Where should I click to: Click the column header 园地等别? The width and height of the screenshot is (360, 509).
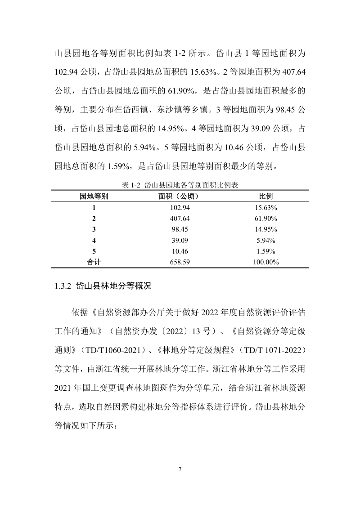[x=94, y=196]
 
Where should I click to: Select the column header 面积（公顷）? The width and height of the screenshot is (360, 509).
[x=179, y=196]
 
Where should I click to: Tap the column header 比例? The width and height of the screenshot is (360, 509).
[x=266, y=196]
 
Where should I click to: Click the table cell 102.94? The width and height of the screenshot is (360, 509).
[x=179, y=208]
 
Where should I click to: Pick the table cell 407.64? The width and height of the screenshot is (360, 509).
[x=179, y=219]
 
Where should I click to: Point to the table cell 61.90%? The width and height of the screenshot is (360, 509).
[x=266, y=219]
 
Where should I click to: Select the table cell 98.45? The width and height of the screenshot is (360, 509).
[x=179, y=229]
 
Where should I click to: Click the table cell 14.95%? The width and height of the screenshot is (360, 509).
[x=266, y=229]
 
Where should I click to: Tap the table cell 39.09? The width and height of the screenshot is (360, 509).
[x=179, y=240]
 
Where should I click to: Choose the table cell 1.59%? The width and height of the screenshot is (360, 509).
[x=266, y=251]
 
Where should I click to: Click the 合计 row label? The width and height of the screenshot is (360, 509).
[x=94, y=262]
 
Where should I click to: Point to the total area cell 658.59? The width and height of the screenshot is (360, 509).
[x=179, y=262]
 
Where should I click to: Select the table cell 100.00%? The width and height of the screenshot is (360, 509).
[x=266, y=262]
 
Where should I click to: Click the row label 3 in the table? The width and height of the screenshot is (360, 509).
[x=94, y=229]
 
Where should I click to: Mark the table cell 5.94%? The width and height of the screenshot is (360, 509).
[x=266, y=240]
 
